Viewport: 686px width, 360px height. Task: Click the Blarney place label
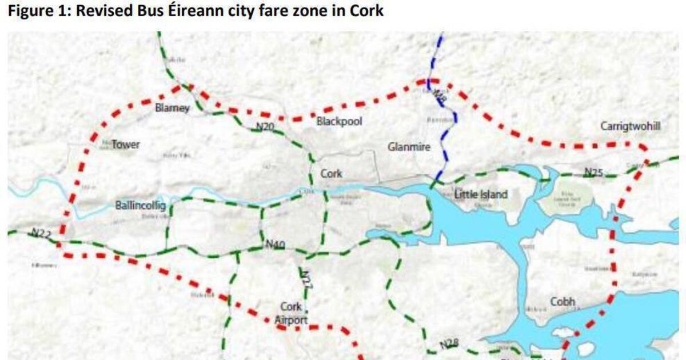172,109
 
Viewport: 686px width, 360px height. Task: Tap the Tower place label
125,145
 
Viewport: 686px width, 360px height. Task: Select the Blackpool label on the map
340,122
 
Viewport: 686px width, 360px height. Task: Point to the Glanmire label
408,147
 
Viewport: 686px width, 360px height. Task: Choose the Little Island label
480,195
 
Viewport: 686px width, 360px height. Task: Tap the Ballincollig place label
141,206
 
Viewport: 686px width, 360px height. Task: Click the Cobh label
563,302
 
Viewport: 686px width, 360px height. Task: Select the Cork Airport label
291,314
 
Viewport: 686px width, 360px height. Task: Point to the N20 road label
264,127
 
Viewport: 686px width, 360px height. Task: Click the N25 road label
593,171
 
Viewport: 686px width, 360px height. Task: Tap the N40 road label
276,245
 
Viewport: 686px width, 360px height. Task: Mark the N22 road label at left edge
41,233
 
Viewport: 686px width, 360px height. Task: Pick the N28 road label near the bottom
449,344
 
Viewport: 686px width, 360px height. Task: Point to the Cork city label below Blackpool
331,174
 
